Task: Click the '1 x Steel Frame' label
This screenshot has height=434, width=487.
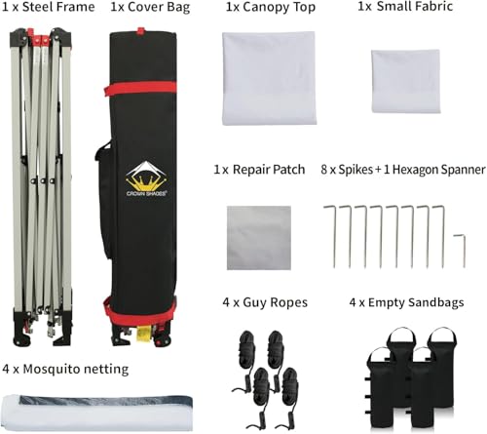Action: pyautogui.click(x=49, y=7)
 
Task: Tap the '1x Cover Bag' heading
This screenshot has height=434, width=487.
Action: pyautogui.click(x=150, y=7)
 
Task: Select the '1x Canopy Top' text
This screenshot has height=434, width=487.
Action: pyautogui.click(x=271, y=7)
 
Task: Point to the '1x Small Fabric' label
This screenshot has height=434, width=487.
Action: pyautogui.click(x=405, y=7)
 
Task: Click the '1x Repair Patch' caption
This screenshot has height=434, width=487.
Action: pyautogui.click(x=259, y=170)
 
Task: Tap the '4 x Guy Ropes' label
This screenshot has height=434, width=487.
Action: pyautogui.click(x=265, y=302)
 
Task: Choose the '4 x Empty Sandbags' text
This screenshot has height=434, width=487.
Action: pyautogui.click(x=406, y=302)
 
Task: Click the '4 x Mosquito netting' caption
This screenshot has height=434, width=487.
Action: pyautogui.click(x=65, y=370)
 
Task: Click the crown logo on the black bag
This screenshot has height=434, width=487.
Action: pyautogui.click(x=146, y=178)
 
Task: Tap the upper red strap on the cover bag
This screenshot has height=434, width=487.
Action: pyautogui.click(x=140, y=88)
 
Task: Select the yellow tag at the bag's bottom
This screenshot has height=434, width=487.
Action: pyautogui.click(x=143, y=335)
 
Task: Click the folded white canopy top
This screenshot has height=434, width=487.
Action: pyautogui.click(x=269, y=78)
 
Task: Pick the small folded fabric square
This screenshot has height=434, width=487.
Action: pyautogui.click(x=406, y=81)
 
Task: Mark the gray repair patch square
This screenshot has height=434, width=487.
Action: pyautogui.click(x=259, y=238)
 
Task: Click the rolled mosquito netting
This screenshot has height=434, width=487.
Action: pyautogui.click(x=97, y=414)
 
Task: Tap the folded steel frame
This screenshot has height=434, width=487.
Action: pyautogui.click(x=41, y=187)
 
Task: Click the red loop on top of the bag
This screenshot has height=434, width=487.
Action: pyautogui.click(x=140, y=31)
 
